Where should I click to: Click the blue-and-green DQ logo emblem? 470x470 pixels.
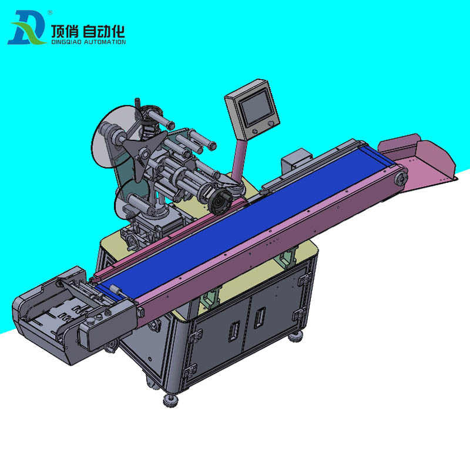pos(26,28)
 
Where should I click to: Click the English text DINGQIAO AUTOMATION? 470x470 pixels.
pos(89,42)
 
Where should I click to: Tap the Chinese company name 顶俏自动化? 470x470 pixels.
pos(88,32)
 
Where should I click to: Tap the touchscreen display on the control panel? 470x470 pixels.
pos(256,108)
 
